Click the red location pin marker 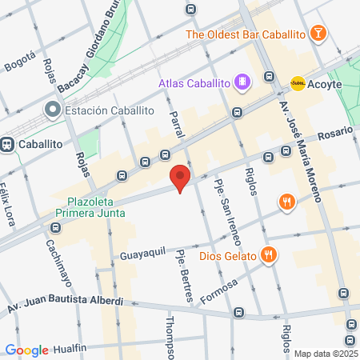click(x=180, y=178)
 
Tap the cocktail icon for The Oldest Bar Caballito click(x=318, y=33)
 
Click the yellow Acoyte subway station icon click(x=298, y=82)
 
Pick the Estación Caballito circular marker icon click(x=54, y=110)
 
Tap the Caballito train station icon click(x=8, y=144)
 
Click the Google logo click(x=26, y=350)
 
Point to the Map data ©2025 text click(x=326, y=354)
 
